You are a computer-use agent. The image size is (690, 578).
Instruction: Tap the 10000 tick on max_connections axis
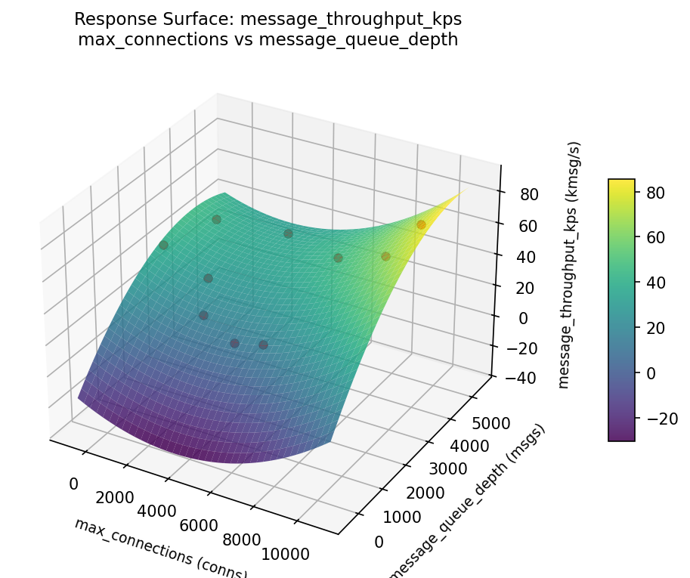pyautogui.click(x=284, y=554)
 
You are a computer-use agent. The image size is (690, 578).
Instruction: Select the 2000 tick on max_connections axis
pyautogui.click(x=114, y=498)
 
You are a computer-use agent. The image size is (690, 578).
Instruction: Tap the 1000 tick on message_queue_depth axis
pyautogui.click(x=401, y=518)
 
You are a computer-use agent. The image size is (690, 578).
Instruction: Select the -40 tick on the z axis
pyautogui.click(x=513, y=379)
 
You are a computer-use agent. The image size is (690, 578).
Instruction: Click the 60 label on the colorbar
pyautogui.click(x=654, y=237)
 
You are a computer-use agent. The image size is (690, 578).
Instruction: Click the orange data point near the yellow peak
pyautogui.click(x=421, y=224)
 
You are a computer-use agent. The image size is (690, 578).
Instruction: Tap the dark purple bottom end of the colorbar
pyautogui.click(x=621, y=437)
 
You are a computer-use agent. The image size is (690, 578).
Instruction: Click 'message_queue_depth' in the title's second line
pyautogui.click(x=358, y=39)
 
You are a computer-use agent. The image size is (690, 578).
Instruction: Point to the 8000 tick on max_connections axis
pyautogui.click(x=242, y=539)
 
